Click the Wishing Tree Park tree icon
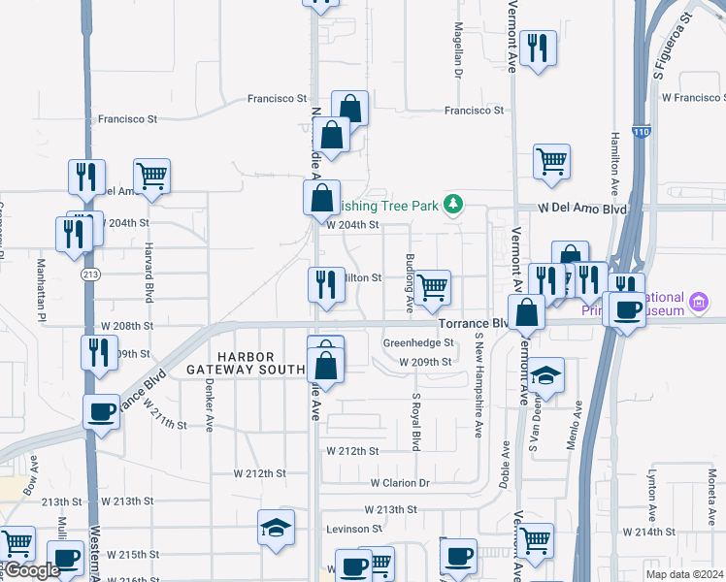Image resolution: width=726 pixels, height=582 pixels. [452, 204]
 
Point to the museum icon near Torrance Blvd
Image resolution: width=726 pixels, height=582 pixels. [698, 303]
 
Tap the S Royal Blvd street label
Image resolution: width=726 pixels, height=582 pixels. [416, 421]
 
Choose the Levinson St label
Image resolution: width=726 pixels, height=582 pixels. [354, 529]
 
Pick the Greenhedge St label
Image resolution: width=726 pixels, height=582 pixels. [418, 342]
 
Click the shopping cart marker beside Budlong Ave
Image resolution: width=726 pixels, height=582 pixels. [432, 286]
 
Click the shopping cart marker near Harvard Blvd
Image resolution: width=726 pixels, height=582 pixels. [152, 176]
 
